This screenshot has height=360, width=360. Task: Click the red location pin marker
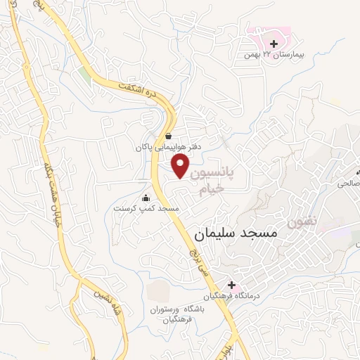(181, 166)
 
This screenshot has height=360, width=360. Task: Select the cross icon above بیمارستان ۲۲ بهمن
(274, 44)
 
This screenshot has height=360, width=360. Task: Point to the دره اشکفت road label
(143, 87)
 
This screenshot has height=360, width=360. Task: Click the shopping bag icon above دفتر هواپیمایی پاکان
(168, 136)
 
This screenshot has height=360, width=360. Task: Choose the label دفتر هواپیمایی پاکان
(169, 148)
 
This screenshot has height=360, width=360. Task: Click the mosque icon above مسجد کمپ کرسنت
(146, 198)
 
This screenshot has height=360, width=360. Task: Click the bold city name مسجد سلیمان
(235, 231)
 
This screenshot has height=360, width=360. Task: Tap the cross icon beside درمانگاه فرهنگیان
(231, 284)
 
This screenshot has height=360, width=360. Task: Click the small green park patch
(84, 74)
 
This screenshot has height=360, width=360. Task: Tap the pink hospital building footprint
(271, 33)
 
